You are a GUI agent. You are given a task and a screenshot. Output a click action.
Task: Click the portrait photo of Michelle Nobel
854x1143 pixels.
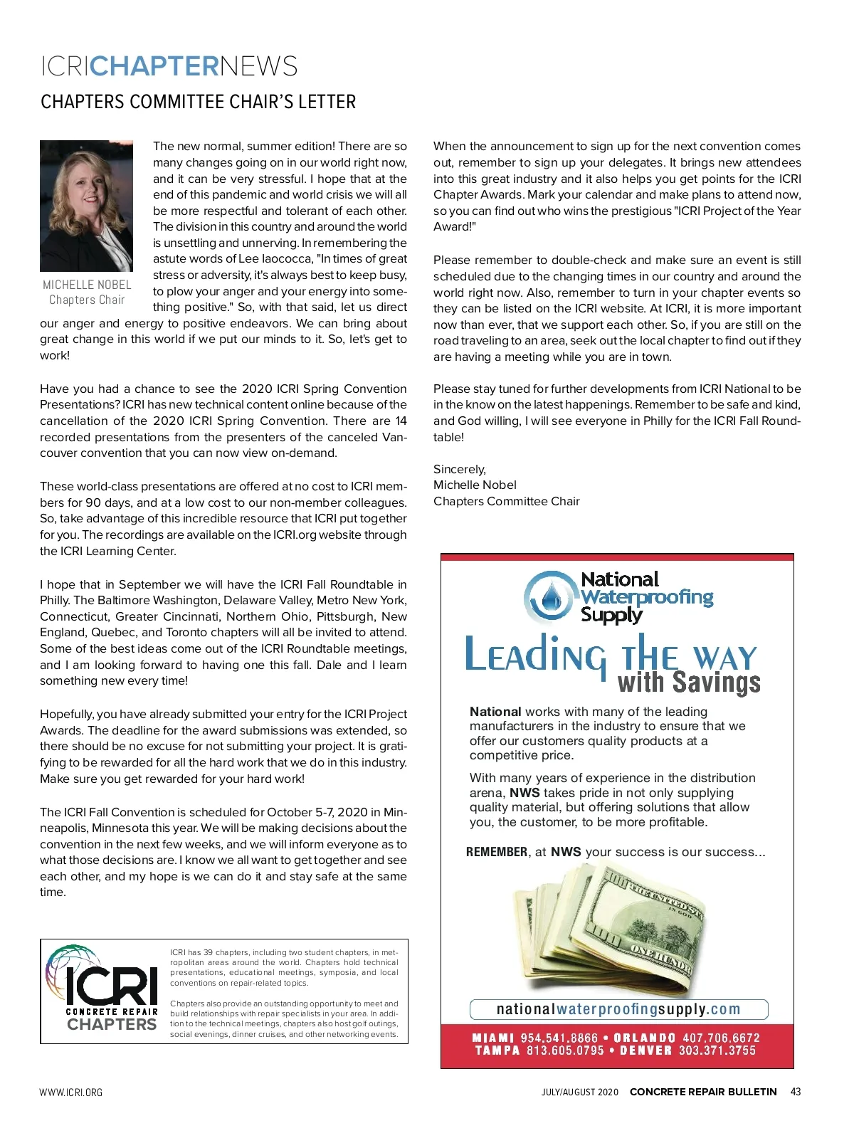(86, 206)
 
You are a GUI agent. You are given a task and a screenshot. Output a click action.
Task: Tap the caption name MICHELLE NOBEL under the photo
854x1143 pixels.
(87, 285)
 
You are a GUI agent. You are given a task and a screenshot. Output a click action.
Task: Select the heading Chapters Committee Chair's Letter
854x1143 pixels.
(198, 102)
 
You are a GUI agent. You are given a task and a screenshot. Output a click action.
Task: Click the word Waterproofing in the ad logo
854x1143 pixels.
(646, 597)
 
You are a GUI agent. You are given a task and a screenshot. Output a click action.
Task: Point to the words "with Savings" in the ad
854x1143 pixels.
(689, 683)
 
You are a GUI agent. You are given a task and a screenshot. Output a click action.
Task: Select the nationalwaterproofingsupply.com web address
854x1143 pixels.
(618, 1009)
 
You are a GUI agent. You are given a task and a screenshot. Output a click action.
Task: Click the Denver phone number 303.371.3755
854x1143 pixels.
(717, 1050)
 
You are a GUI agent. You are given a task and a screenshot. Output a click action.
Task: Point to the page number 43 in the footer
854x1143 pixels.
(795, 1092)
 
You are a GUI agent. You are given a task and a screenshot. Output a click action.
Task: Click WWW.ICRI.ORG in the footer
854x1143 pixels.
(71, 1092)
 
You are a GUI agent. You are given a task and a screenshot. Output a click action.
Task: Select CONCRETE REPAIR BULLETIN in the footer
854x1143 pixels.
(703, 1092)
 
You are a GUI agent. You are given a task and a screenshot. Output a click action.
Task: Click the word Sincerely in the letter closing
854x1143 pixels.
(459, 469)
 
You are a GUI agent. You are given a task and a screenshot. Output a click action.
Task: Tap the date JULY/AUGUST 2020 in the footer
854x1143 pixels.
(580, 1092)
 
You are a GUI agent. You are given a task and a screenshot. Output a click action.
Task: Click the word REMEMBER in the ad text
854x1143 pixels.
(497, 852)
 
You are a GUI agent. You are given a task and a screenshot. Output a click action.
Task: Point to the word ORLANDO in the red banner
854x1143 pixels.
(644, 1038)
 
